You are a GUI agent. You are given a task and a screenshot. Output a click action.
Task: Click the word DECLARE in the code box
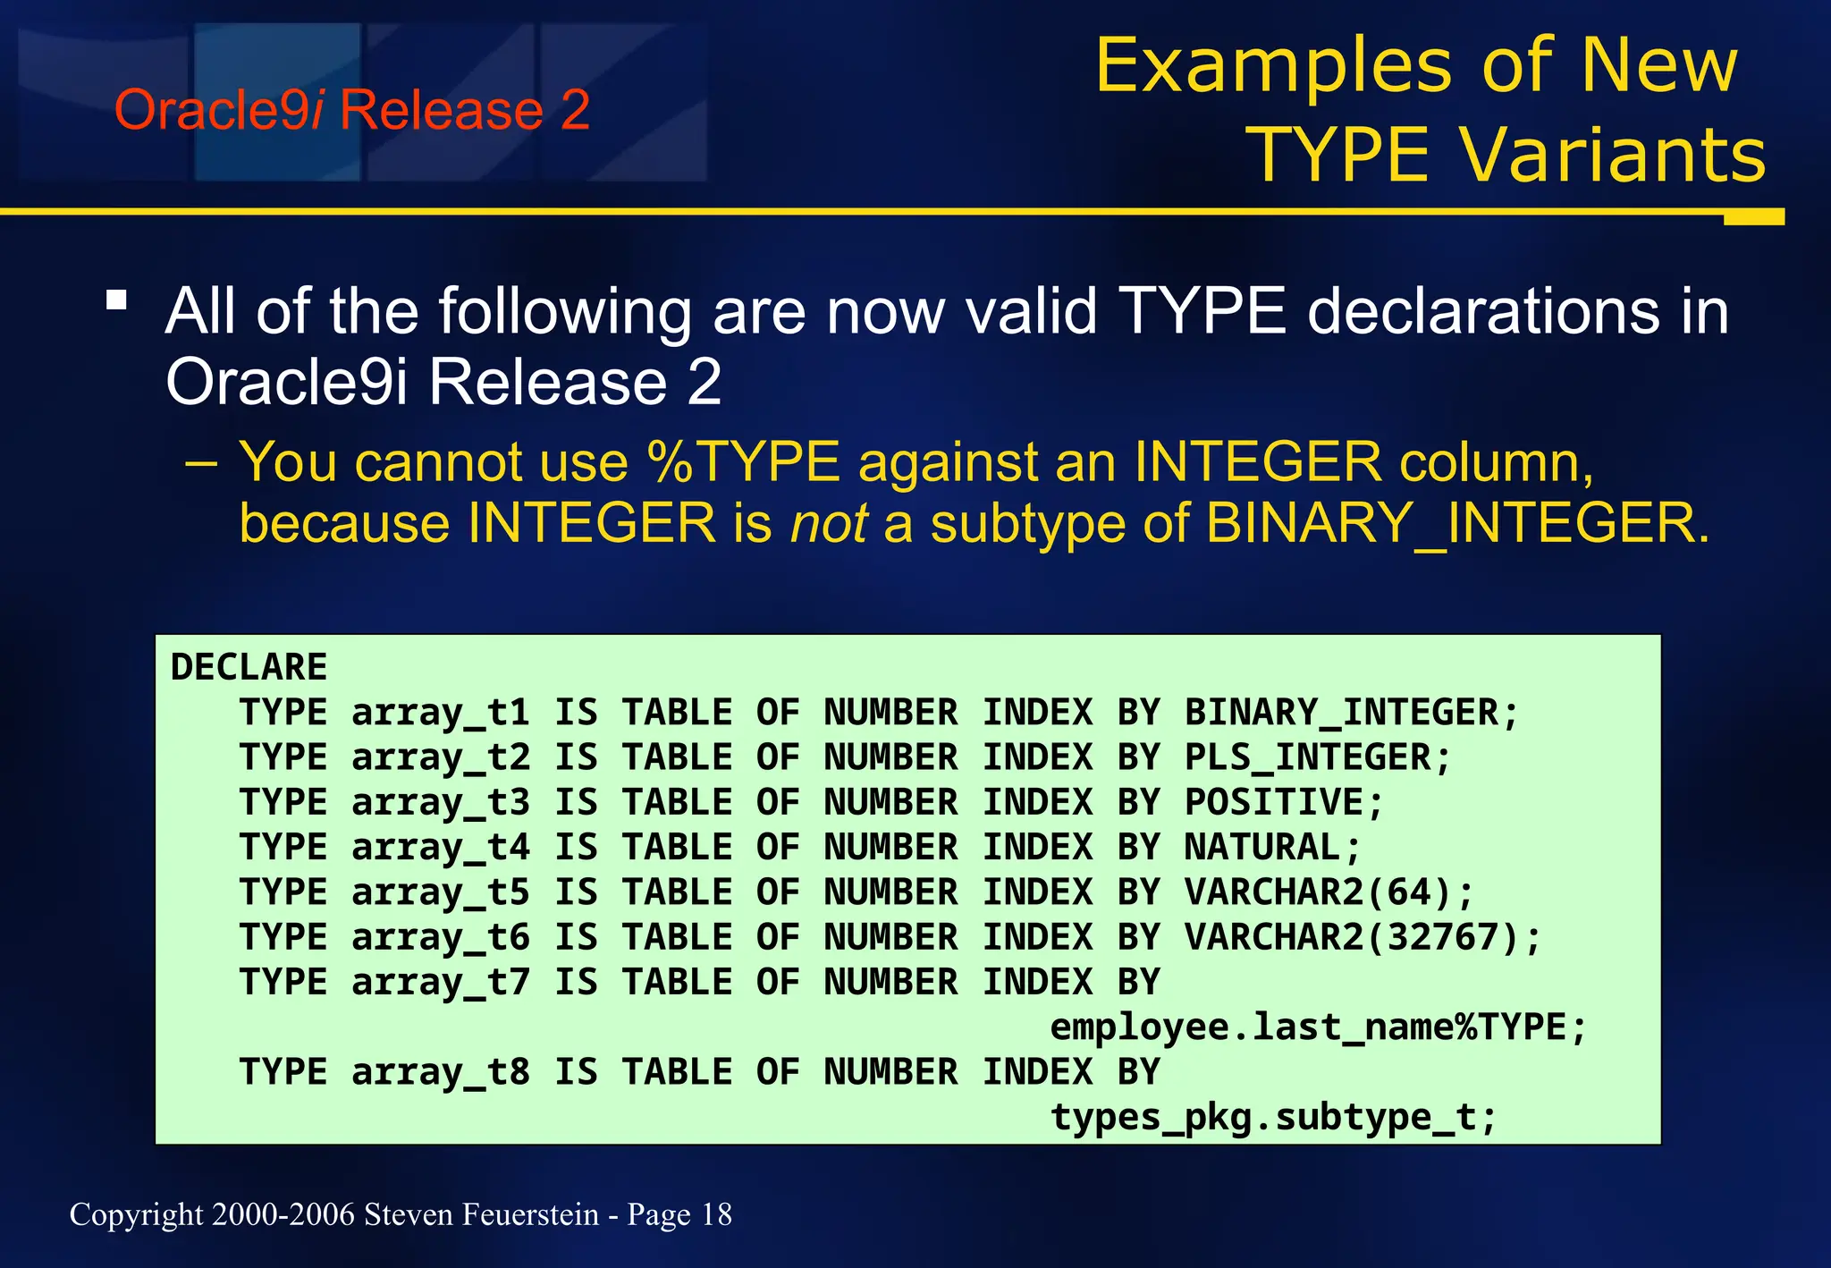pos(249,668)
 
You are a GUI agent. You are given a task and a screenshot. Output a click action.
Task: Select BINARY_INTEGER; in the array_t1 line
pos(1351,713)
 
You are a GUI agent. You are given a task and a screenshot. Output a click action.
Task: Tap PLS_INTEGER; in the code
pos(1317,757)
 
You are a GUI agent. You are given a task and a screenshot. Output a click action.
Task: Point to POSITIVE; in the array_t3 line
pos(1284,802)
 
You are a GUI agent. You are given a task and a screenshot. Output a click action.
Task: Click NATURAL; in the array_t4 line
pos(1272,847)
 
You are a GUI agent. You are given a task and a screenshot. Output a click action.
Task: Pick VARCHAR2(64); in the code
pos(1329,892)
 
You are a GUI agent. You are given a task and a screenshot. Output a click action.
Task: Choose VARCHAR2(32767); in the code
pos(1363,937)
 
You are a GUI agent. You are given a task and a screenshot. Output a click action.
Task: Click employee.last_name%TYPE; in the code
pos(1318,1027)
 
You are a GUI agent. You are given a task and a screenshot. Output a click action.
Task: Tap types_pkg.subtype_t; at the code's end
pos(1273,1117)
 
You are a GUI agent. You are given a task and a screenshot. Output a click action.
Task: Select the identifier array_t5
pos(440,892)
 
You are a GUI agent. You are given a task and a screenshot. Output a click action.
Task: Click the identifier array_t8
pos(440,1072)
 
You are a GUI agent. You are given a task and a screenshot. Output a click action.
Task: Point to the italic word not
pos(829,523)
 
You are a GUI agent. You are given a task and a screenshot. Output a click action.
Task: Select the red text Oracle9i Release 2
pos(352,110)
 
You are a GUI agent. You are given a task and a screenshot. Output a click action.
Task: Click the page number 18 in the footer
pos(716,1214)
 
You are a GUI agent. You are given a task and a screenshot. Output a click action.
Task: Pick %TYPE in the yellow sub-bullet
pos(744,462)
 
